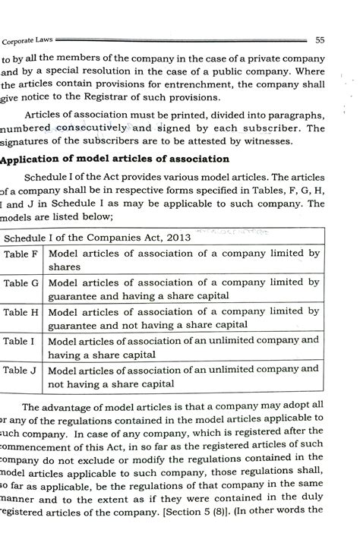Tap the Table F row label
(21, 254)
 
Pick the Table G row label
(21, 284)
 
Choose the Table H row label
(21, 312)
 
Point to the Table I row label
(21, 341)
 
